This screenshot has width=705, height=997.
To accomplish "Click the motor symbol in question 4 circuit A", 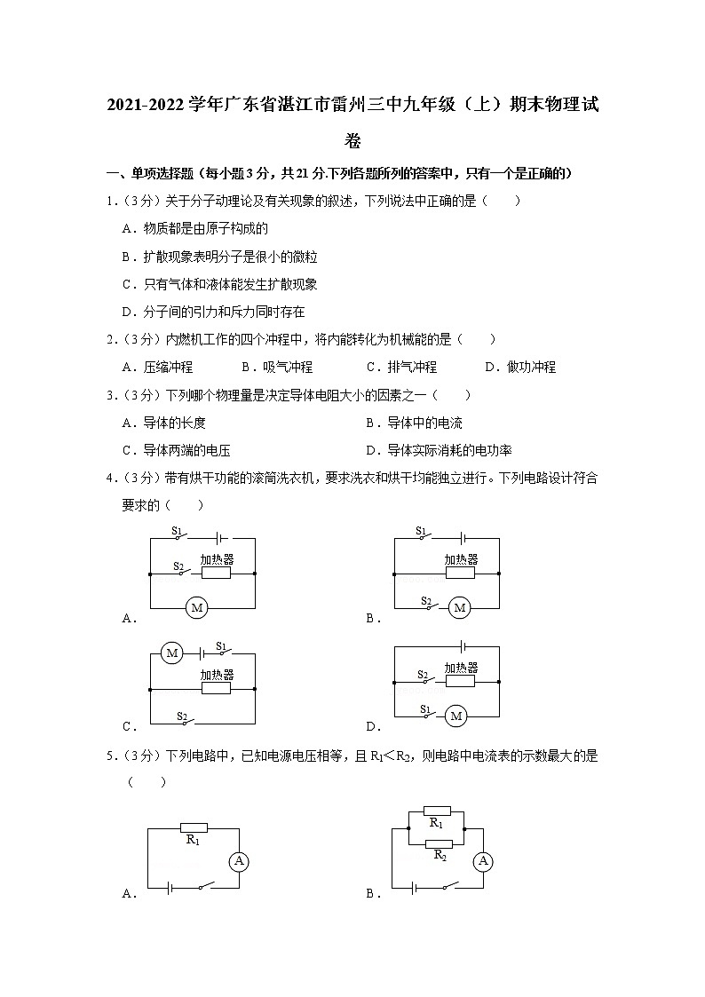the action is tap(196, 607).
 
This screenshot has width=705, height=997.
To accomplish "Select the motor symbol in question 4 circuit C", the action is tap(172, 653).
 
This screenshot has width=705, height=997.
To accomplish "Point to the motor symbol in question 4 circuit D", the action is tap(456, 716).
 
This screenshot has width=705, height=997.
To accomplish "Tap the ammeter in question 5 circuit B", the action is tap(482, 860).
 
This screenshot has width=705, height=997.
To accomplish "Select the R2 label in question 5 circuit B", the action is tap(439, 855).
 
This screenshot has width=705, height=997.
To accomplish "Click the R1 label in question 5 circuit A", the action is tap(194, 839).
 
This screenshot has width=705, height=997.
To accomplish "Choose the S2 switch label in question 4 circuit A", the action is tap(178, 565).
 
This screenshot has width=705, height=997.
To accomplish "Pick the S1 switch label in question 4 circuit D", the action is tap(425, 708).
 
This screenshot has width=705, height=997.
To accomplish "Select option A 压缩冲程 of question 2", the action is tap(157, 367).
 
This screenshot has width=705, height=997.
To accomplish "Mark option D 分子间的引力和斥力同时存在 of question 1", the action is tap(213, 312).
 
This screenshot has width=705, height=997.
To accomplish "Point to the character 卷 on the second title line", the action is tap(352, 140).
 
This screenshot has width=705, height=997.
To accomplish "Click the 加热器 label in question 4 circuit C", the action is tap(216, 675).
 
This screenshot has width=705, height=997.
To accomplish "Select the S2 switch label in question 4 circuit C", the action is tap(181, 716).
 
